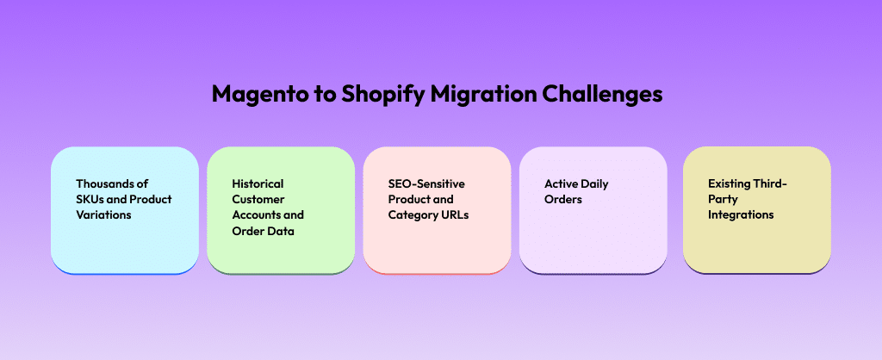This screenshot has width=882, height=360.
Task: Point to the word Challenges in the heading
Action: (602, 94)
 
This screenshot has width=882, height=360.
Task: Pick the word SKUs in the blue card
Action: (90, 199)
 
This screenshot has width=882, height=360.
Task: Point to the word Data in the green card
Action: (282, 231)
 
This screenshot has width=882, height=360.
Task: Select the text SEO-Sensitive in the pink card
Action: (426, 183)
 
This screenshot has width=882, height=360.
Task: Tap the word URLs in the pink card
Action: (455, 214)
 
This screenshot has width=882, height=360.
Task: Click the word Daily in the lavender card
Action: (594, 184)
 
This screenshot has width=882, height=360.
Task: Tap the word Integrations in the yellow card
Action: (741, 214)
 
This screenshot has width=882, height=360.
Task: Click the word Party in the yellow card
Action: (723, 200)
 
